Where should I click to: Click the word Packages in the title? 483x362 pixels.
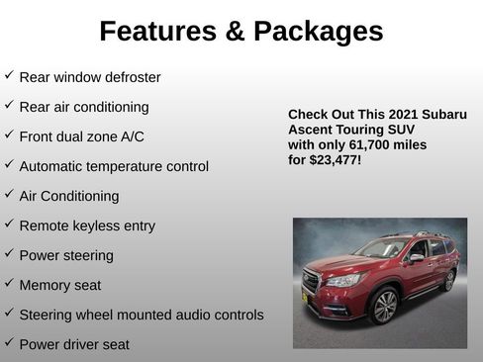pos(318,32)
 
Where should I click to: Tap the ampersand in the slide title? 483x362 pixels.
pos(236,32)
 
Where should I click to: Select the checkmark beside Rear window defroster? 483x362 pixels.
pos(9,75)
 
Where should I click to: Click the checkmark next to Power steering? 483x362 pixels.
pos(9,254)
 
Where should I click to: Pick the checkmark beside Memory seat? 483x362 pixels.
pos(9,284)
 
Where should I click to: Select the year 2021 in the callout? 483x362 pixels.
pos(402,115)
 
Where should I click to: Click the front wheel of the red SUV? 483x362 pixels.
pos(384,307)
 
